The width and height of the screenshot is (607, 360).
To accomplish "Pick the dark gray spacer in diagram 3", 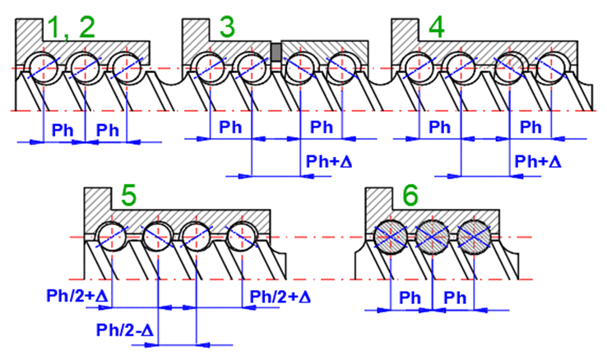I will [277, 52].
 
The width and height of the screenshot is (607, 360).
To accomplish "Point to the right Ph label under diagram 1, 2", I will [108, 129].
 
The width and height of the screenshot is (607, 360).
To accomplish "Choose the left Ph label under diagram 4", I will [440, 127].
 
